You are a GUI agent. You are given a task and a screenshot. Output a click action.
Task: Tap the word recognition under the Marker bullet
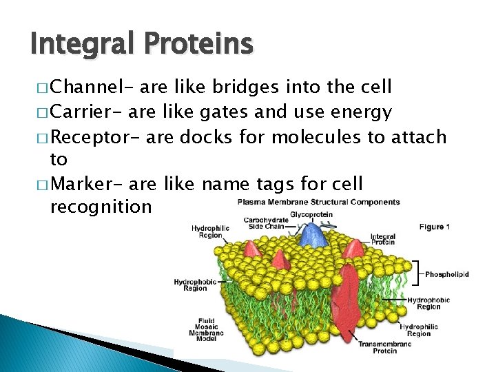101,207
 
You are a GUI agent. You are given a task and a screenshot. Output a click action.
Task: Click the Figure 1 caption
435,227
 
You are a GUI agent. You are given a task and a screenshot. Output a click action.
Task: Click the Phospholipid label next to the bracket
446,274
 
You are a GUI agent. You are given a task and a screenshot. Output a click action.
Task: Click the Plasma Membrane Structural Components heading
318,202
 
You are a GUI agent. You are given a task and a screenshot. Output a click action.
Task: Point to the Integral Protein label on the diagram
382,239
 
